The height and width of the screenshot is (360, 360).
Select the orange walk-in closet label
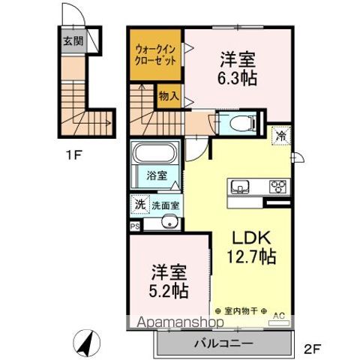(156, 56)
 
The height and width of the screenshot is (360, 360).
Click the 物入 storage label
(168, 95)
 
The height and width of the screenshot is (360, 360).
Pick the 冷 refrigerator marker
(280, 137)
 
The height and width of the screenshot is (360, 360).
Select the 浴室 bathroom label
(157, 176)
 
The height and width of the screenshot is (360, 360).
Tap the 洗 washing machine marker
(139, 204)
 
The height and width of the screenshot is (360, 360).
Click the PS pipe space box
(134, 225)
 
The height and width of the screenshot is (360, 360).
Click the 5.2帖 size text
(167, 290)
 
